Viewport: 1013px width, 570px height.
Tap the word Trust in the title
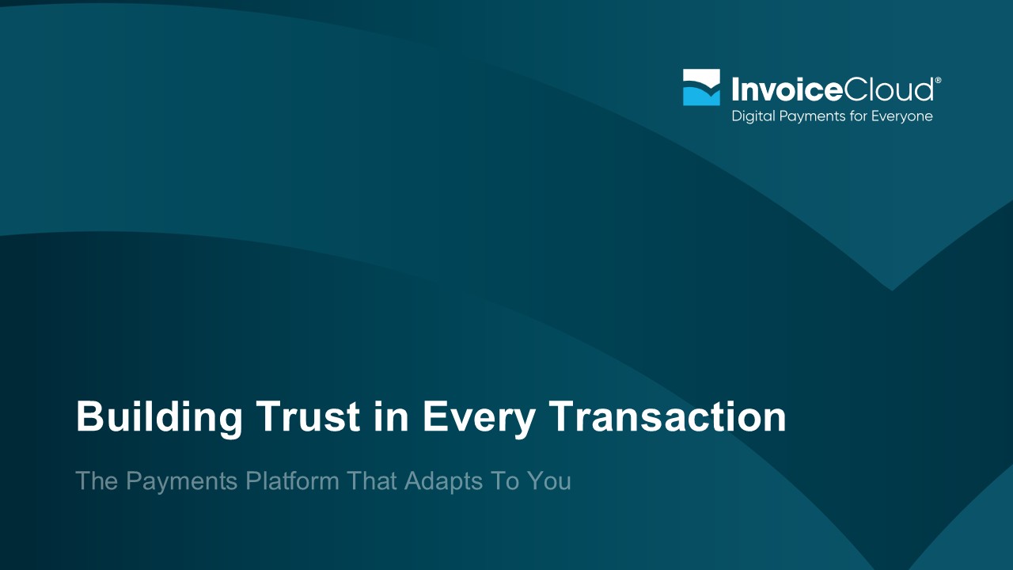308,416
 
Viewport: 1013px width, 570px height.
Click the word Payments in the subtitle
182,482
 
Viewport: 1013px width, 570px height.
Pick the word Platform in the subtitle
292,481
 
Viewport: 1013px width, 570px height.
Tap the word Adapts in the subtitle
443,481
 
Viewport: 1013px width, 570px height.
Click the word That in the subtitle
372,481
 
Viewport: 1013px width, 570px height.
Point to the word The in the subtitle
97,481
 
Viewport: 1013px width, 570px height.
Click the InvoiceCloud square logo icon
701,87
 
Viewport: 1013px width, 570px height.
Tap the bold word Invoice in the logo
787,89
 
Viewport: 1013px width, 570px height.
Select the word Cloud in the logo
888,89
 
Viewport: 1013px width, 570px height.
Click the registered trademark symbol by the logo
938,81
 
